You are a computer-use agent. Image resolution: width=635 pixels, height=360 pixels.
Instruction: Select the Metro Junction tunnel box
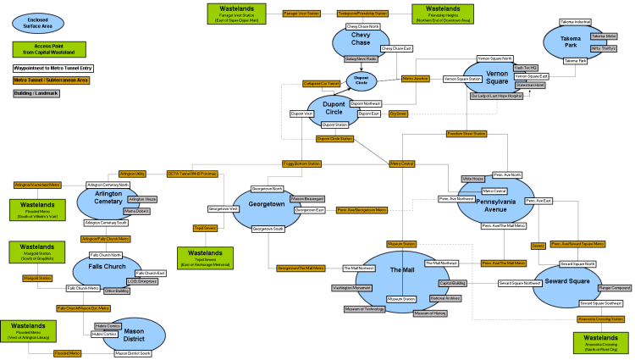(x=416, y=78)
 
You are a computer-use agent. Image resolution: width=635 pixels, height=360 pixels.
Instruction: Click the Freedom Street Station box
(x=467, y=134)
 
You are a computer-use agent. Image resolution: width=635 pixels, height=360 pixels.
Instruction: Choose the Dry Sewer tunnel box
(x=399, y=113)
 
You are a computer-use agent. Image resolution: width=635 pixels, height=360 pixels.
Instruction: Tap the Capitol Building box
(x=453, y=284)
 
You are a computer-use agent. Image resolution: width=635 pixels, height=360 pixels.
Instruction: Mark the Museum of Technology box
(x=364, y=309)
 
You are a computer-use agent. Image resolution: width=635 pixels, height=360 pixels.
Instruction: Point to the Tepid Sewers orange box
(x=206, y=228)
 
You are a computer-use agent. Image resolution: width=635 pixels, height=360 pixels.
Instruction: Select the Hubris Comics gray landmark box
(x=108, y=325)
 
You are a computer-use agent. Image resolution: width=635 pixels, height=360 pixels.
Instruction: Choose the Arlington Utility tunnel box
(x=134, y=173)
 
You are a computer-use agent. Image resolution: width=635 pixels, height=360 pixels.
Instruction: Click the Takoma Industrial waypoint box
(x=576, y=21)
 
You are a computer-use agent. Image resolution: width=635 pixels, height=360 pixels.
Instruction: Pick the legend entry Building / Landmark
(x=36, y=94)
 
